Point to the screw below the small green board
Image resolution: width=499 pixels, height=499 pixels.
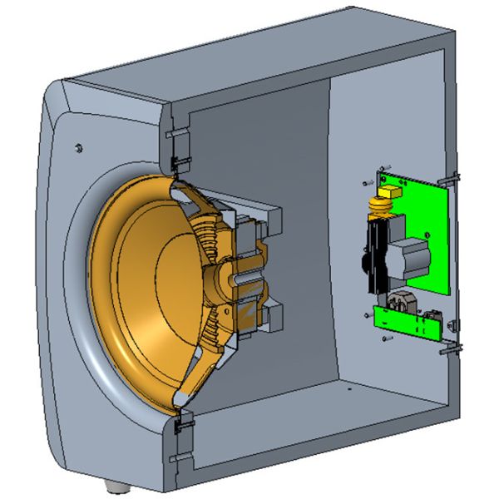[x=384, y=338]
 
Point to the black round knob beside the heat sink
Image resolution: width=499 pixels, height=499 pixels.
[x=364, y=264]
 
